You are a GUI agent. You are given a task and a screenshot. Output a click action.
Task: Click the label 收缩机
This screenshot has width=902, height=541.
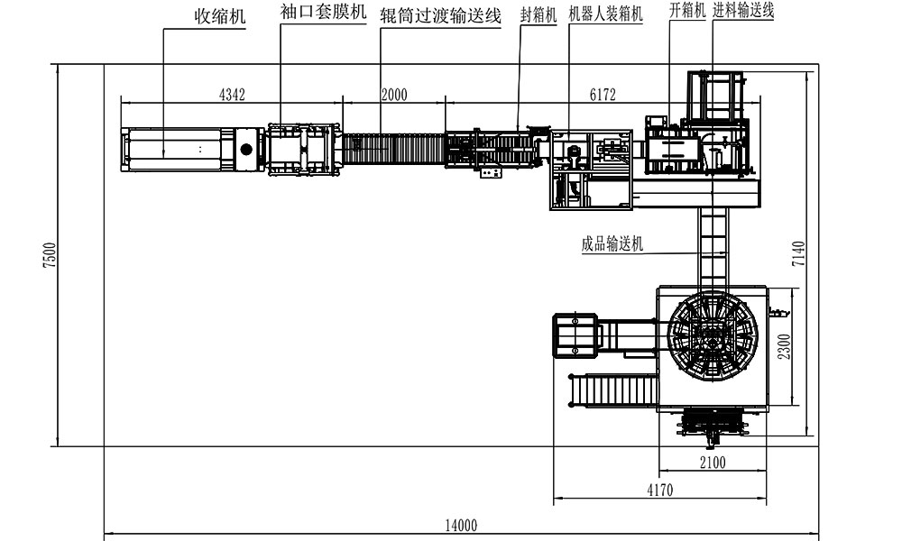(220, 16)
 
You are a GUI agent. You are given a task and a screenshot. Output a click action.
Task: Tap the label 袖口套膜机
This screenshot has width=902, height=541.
(323, 12)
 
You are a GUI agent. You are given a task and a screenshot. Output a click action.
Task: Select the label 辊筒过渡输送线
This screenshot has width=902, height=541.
(440, 15)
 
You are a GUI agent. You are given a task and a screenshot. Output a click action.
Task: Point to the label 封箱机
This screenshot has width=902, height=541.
(538, 15)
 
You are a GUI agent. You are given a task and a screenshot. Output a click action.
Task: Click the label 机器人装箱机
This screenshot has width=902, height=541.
(605, 14)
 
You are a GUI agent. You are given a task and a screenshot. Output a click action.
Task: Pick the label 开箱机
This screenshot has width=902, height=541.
(687, 10)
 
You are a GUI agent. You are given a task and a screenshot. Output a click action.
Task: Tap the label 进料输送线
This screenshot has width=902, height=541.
(743, 10)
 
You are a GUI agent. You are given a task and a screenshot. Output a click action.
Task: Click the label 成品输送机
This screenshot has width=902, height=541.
(612, 243)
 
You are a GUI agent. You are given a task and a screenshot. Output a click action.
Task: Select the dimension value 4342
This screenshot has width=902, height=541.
(232, 95)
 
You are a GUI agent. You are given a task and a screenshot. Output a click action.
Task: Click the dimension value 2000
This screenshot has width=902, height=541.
(394, 95)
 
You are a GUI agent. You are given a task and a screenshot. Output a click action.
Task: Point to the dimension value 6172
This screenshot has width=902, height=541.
(603, 95)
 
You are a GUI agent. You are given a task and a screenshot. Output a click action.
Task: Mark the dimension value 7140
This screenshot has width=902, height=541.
(798, 253)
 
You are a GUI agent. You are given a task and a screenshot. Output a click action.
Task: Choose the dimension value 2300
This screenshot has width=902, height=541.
(784, 346)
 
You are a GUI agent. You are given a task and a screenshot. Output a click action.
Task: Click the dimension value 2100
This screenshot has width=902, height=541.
(713, 462)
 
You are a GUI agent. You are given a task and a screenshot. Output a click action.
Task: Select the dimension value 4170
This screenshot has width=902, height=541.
(660, 490)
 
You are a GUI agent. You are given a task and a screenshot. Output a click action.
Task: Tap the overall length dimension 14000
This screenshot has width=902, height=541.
(461, 525)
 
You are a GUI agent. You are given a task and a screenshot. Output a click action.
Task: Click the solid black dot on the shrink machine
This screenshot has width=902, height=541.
(246, 150)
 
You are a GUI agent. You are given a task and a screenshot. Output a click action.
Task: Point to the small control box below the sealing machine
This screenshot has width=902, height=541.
(490, 172)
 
